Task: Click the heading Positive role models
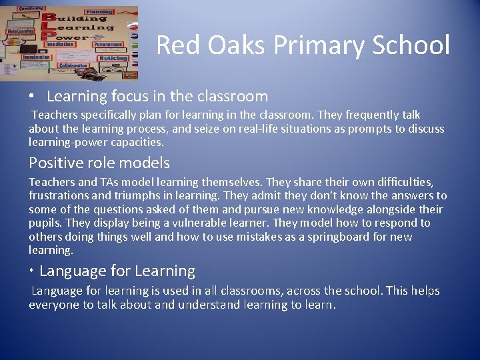[x=99, y=163]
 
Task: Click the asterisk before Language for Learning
[x=31, y=273]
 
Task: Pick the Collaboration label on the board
[x=74, y=66]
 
